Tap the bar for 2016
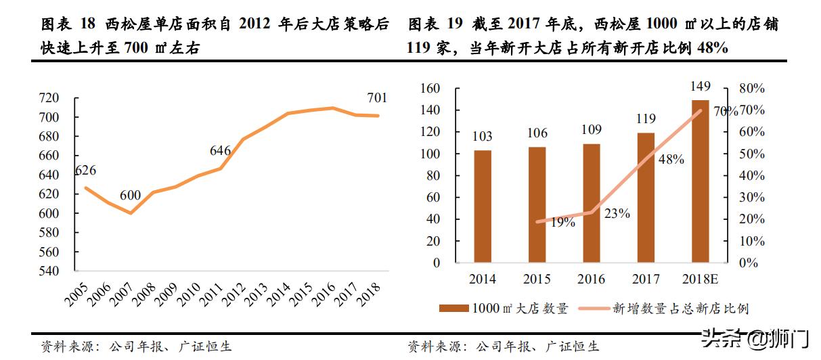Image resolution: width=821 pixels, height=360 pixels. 591,203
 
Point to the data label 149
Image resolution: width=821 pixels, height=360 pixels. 700,87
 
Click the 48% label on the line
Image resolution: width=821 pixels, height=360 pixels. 671,160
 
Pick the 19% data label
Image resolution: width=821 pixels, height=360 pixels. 562,222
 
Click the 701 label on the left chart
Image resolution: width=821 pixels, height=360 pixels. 377,99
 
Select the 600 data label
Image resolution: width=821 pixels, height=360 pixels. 130,196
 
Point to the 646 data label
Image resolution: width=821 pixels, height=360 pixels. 220,151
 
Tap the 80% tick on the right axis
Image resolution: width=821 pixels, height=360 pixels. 751,89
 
